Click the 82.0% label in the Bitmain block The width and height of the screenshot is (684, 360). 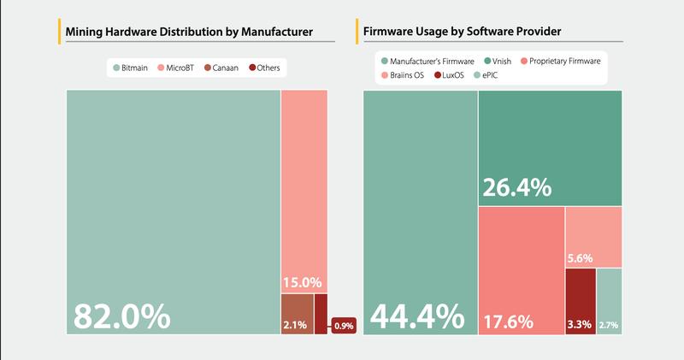pyautogui.click(x=121, y=316)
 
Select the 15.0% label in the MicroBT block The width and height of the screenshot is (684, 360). pyautogui.click(x=301, y=281)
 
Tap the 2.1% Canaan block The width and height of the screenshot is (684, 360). pyautogui.click(x=297, y=313)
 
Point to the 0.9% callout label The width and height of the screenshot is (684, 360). pyautogui.click(x=343, y=326)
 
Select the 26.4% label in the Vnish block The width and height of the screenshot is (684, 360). pyautogui.click(x=517, y=187)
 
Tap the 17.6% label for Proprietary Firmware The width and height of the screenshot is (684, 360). pyautogui.click(x=509, y=322)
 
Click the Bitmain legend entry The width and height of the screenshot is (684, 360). pyautogui.click(x=133, y=68)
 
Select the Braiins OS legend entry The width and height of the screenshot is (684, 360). pyautogui.click(x=406, y=75)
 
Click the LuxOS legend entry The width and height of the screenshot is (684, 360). pyautogui.click(x=452, y=75)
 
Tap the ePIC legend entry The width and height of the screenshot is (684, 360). pyautogui.click(x=492, y=75)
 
